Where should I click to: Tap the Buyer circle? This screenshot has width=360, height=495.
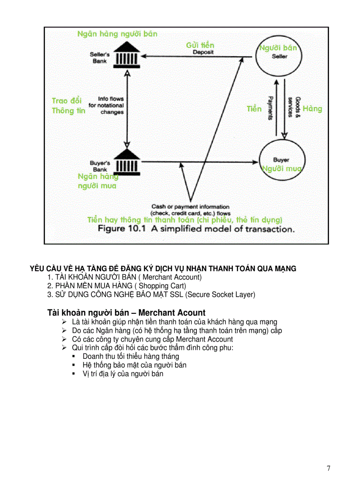281,163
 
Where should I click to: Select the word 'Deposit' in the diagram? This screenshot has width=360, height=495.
203,52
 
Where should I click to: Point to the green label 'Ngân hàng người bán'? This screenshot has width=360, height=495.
117,34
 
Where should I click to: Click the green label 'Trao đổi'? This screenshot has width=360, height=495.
67,101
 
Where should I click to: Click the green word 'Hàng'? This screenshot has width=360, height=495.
312,108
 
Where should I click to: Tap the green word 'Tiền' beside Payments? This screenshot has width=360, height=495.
254,108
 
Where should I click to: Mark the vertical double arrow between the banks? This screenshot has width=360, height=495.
127,110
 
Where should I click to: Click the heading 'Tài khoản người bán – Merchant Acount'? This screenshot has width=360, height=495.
126,313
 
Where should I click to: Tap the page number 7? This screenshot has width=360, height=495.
328,468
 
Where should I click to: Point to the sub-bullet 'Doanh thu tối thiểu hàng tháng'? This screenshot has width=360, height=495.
131,356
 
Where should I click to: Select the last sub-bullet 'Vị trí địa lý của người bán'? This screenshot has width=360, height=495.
123,374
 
